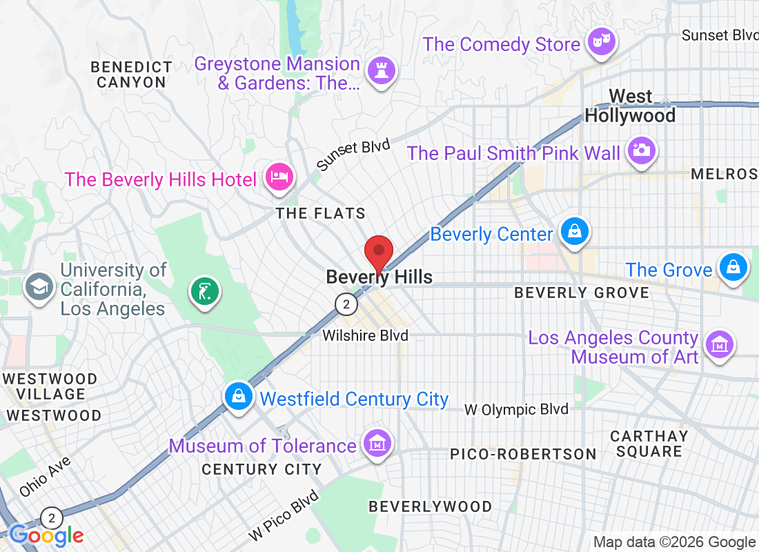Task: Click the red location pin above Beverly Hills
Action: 378,253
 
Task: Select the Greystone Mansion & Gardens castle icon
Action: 379,71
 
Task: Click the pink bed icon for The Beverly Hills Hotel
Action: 279,177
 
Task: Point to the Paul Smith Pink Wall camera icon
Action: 641,151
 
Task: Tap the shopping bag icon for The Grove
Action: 732,267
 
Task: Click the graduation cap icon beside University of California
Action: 39,286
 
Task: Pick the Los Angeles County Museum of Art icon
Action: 720,342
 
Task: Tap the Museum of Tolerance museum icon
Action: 377,444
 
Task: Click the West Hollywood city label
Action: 630,106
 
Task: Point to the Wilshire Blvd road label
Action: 366,336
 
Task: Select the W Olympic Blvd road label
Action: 516,409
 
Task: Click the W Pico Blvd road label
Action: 284,515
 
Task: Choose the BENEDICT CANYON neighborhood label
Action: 131,75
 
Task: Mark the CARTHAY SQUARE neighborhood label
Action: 649,444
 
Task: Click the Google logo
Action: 47,535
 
